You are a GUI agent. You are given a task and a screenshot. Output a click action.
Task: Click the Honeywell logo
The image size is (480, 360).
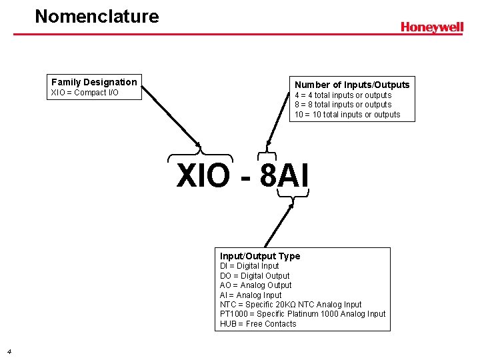431,27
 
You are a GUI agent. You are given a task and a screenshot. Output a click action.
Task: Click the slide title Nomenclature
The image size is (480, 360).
97,16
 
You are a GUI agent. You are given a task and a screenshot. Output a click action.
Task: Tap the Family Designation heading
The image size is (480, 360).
94,82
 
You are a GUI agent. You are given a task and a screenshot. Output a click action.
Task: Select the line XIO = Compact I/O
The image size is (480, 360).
85,93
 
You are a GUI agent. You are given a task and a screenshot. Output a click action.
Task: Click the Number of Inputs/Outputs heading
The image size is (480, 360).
352,85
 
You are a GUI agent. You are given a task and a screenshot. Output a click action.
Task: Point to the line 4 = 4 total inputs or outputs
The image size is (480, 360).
343,95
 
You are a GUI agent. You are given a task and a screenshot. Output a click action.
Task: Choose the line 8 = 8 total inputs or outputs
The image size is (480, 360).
343,105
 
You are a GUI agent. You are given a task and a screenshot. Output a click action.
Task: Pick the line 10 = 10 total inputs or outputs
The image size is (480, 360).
347,115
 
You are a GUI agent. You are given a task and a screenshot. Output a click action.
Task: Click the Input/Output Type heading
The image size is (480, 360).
260,256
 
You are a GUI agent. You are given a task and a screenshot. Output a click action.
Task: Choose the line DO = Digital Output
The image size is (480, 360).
255,275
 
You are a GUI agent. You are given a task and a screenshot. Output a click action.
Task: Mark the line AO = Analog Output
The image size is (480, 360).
255,285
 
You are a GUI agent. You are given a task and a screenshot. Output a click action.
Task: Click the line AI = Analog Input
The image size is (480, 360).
251,295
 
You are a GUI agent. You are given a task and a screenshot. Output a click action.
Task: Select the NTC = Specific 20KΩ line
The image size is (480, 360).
291,305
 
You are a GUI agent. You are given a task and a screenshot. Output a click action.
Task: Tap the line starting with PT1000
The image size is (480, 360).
303,314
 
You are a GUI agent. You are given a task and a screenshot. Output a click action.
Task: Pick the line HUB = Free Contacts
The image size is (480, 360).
258,324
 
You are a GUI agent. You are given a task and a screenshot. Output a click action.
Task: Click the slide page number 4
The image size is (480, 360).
8,351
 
